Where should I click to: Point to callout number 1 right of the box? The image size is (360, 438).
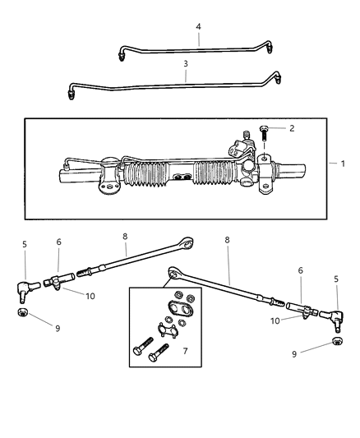pos(343,164)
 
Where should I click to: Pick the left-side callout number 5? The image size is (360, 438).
pos(25,245)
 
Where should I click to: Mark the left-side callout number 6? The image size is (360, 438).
pos(58,243)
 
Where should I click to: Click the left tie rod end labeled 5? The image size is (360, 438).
pos(25,288)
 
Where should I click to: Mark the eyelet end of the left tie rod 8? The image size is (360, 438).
pos(188,243)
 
